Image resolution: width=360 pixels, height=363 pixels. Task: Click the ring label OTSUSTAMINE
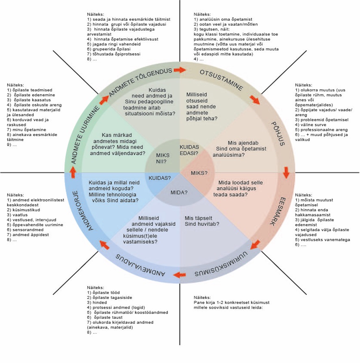[x=222, y=80]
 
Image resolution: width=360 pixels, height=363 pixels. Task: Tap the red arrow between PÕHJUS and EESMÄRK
[x=286, y=173]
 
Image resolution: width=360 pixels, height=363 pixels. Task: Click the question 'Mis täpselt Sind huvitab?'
[x=202, y=220]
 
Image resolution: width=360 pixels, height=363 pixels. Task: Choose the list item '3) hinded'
[x=100, y=302]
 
